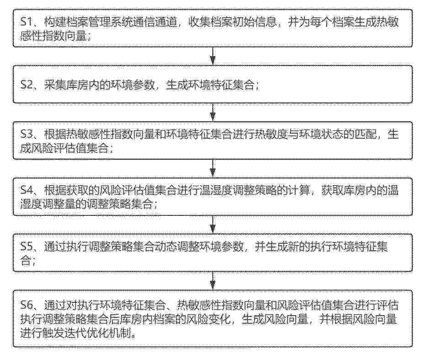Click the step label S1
click(27, 22)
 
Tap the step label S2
click(27, 85)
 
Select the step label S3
click(27, 134)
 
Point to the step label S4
click(27, 190)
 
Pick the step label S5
click(27, 247)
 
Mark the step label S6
click(27, 305)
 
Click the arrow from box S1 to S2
click(213, 56)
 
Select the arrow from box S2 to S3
click(213, 112)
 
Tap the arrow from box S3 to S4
click(213, 168)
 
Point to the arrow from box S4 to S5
click(213, 225)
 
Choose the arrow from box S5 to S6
click(213, 281)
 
